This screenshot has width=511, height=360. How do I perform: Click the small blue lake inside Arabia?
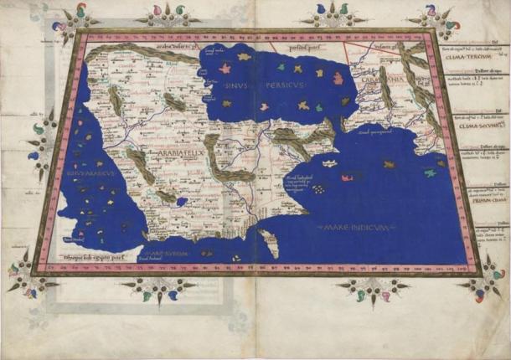181,202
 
